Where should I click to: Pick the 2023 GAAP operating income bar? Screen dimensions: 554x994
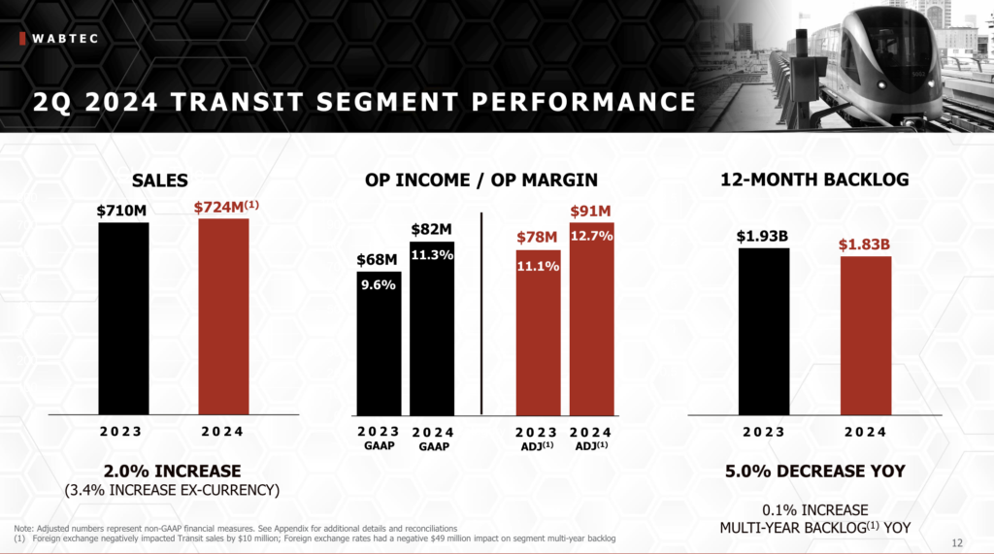(x=379, y=349)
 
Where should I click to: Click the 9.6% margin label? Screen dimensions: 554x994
(x=379, y=286)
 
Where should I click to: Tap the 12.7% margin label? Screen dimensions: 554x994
(x=591, y=236)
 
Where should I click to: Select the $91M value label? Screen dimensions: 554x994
(x=591, y=212)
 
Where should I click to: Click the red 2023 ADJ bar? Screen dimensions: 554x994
(x=538, y=340)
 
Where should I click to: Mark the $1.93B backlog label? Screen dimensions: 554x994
(x=763, y=236)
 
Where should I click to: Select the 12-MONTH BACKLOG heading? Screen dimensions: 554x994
(x=814, y=179)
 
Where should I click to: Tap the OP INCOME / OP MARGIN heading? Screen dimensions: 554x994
(x=481, y=179)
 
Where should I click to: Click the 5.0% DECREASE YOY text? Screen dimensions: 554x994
(x=814, y=472)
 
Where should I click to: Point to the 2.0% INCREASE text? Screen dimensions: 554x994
(x=172, y=472)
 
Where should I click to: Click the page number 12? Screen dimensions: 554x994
(x=958, y=541)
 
